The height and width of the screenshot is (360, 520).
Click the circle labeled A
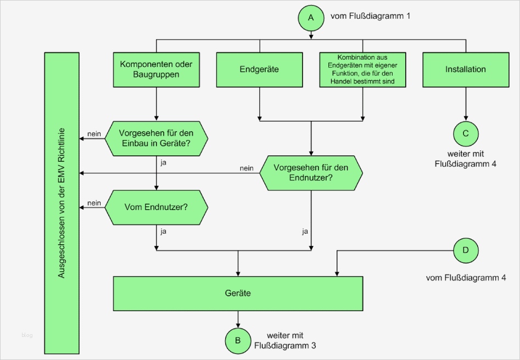pos(311,18)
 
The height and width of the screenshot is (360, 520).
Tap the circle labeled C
pos(466,133)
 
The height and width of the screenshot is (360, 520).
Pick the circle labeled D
pos(466,250)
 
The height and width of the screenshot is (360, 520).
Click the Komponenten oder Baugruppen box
pos(156,70)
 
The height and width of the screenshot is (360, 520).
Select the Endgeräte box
pos(259,70)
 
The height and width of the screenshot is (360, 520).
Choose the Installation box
pos(466,70)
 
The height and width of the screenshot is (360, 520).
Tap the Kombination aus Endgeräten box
pos(363,70)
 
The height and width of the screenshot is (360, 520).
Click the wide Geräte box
pos(238,294)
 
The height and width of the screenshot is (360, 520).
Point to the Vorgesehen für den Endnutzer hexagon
pos(311,173)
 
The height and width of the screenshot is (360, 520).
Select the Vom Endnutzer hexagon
pos(156,207)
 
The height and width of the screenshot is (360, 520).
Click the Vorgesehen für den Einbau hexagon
pos(156,138)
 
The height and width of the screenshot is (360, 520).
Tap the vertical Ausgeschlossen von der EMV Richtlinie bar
pos(62,203)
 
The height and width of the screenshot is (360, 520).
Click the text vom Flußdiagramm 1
pos(370,16)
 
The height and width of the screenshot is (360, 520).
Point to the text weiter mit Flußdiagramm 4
pos(466,159)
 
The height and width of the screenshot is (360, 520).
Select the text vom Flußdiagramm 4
pos(466,278)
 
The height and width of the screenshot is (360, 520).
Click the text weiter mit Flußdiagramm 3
pos(284,340)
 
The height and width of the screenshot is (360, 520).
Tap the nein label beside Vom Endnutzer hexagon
pos(94,203)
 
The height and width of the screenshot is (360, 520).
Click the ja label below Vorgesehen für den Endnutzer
pos(305,232)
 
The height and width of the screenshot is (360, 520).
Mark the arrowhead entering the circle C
pos(466,117)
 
